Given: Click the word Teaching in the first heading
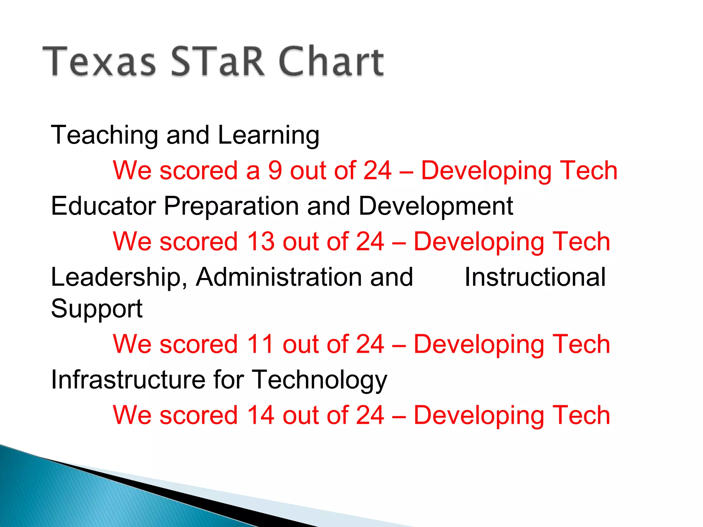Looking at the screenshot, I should (x=104, y=136).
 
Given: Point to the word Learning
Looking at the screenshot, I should (x=268, y=136).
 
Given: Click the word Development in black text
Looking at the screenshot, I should (x=436, y=207).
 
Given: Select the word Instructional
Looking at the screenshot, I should (x=535, y=277).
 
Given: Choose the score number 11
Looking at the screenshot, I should (x=261, y=344).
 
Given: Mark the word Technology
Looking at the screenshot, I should (x=320, y=380).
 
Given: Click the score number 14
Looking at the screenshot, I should (x=261, y=415).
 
